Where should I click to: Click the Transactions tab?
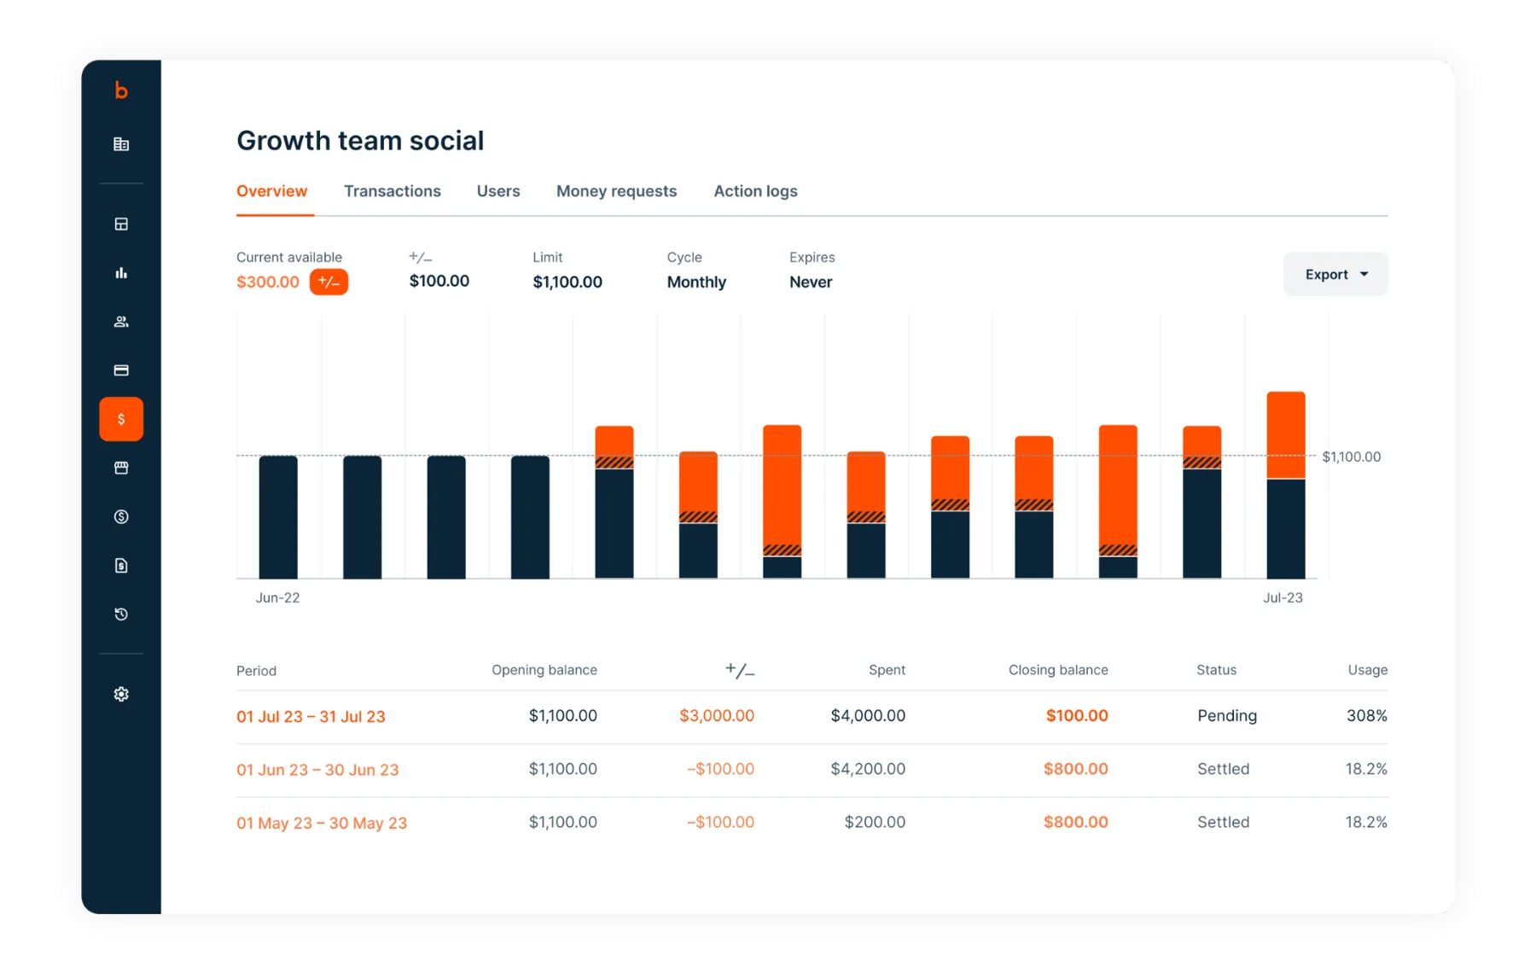[392, 191]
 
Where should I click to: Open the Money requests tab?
[616, 191]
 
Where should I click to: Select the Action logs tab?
[755, 191]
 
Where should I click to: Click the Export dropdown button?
[1335, 275]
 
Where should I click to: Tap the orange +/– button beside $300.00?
[329, 282]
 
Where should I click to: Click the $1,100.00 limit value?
[567, 282]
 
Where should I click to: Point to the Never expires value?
[810, 282]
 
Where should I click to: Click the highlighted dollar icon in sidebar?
[121, 419]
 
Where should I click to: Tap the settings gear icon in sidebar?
[121, 694]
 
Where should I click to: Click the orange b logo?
[121, 90]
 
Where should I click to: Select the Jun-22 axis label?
[277, 597]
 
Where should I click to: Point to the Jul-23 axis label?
[1283, 597]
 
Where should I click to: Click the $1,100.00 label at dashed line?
[1351, 457]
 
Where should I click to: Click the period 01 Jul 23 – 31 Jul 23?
[311, 716]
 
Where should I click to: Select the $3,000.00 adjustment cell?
[716, 715]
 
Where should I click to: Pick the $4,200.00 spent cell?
[868, 769]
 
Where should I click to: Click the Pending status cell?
[1226, 715]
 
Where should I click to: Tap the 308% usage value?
[1366, 715]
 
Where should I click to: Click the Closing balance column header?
[1057, 670]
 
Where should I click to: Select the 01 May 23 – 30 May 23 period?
[322, 823]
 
